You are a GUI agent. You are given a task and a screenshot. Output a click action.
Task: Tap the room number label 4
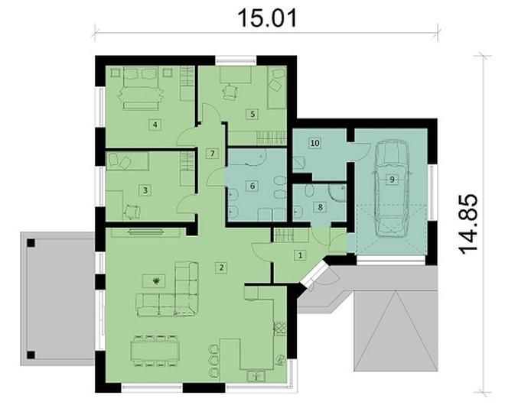pos(155,125)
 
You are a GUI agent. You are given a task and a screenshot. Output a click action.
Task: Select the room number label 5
pos(251,114)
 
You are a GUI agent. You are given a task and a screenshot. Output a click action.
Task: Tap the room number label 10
pos(314,143)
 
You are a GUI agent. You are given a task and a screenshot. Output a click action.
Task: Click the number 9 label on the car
pos(391,180)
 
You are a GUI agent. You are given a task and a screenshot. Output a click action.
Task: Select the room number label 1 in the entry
pos(300,255)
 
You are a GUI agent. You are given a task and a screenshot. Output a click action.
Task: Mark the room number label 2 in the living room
pos(220,267)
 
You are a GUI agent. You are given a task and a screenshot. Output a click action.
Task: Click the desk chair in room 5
pos(230,92)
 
